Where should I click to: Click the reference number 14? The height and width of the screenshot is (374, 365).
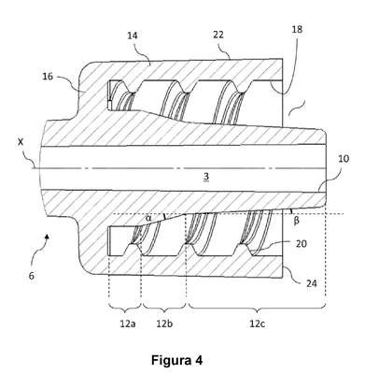tap(133, 36)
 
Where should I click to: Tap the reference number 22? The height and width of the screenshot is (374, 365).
tap(218, 35)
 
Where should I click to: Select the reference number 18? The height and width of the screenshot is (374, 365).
tap(297, 29)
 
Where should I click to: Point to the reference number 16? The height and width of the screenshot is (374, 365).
tap(48, 77)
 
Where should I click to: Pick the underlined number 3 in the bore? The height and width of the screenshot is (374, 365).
tap(206, 177)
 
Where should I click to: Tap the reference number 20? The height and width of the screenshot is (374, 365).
tap(301, 244)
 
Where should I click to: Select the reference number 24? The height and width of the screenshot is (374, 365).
tap(311, 283)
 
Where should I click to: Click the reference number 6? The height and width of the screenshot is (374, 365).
tap(32, 276)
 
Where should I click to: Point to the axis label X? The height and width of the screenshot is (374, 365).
tap(21, 142)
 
